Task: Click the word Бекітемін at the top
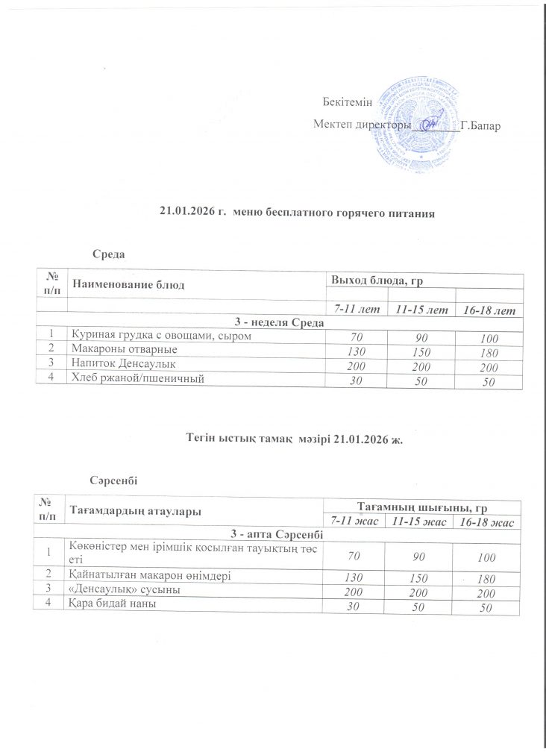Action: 348,101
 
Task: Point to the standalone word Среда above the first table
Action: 108,254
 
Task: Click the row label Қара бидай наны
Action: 112,604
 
